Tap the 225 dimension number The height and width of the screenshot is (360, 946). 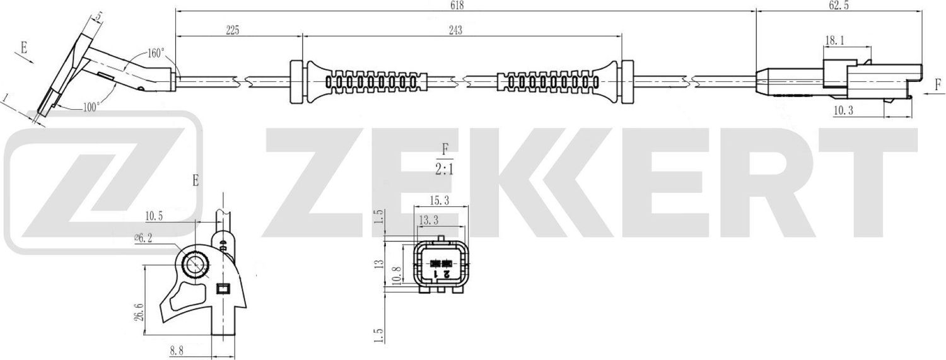(233, 32)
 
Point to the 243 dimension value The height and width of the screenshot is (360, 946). (455, 32)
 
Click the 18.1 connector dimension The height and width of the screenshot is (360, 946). (835, 41)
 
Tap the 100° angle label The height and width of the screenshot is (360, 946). (91, 107)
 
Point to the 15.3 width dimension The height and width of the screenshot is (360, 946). (440, 200)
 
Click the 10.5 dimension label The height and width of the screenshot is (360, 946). (155, 216)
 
